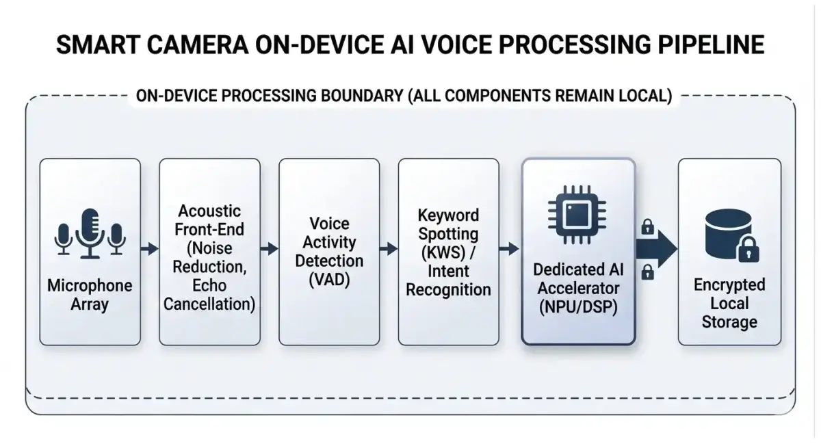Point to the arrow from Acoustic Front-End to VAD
269,249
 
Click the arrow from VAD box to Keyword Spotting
388,249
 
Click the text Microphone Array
90,294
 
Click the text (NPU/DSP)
577,308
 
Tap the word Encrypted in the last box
729,285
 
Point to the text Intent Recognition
448,280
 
